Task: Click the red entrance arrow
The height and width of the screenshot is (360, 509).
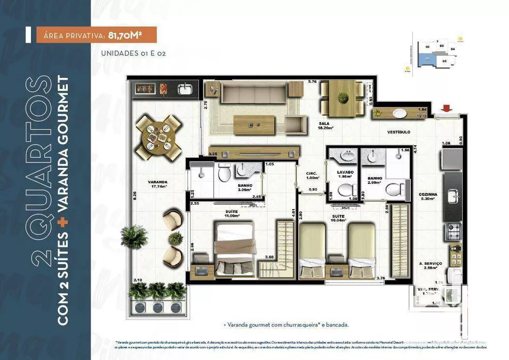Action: [x=447, y=107]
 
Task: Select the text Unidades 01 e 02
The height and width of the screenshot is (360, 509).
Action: [x=134, y=52]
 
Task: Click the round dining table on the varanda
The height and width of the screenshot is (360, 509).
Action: [x=158, y=137]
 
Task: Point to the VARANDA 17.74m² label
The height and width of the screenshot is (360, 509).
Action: [x=158, y=184]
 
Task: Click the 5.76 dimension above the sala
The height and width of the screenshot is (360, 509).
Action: [x=312, y=81]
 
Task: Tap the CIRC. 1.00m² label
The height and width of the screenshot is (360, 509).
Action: [x=312, y=175]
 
